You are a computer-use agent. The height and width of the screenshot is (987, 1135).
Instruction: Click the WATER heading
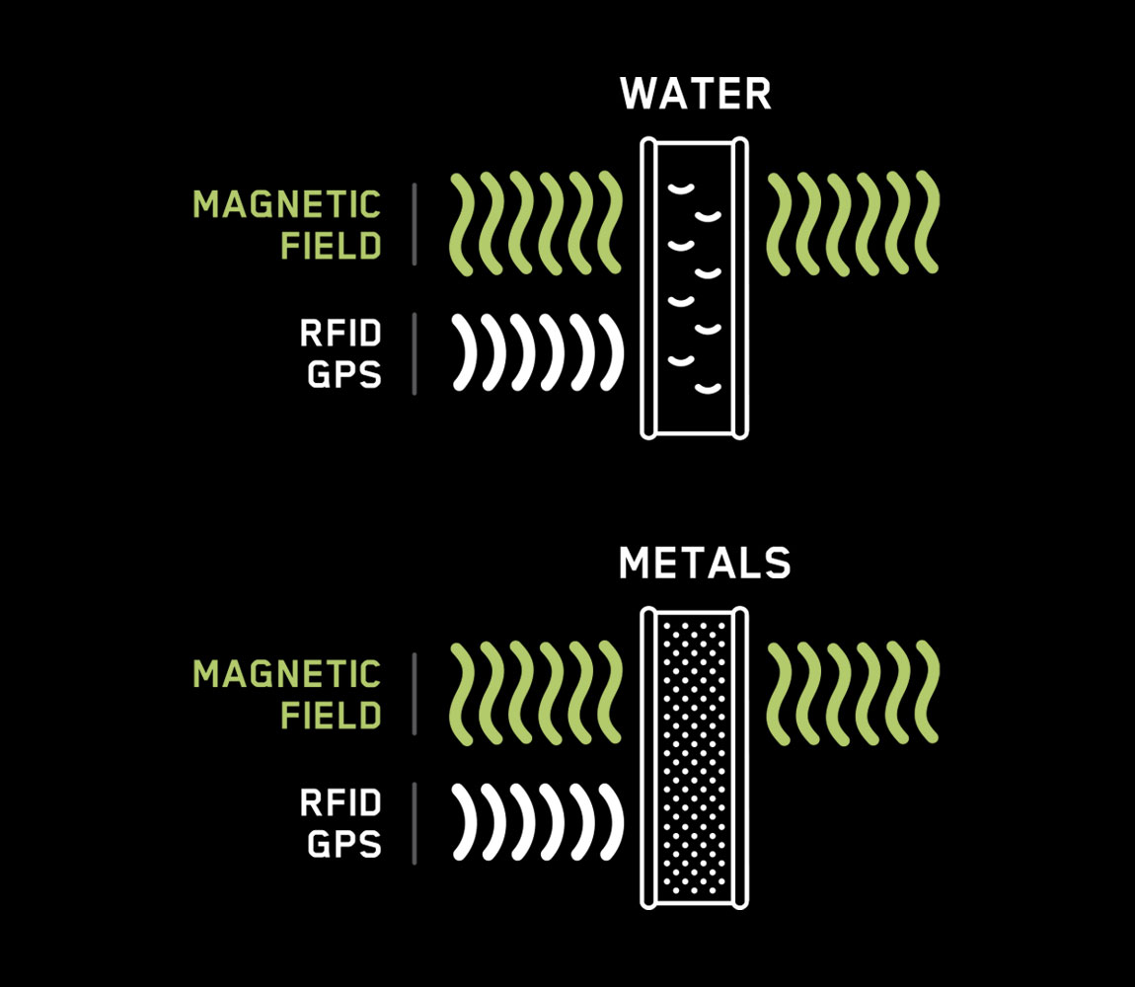coord(695,95)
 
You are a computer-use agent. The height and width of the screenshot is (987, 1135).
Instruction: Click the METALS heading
coord(704,564)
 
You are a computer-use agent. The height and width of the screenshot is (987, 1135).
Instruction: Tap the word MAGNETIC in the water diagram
coord(286,205)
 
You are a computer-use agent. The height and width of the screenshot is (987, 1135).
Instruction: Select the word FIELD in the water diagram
coord(331,245)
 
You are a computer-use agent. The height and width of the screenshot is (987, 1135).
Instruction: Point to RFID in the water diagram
coord(340,334)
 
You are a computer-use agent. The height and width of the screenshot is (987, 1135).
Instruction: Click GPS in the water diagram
coord(343,375)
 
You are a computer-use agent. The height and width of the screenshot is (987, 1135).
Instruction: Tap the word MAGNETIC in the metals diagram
coord(286,675)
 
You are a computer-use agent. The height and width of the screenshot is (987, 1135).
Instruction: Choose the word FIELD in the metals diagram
coord(331,715)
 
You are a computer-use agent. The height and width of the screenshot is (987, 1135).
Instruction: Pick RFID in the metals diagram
coord(340,803)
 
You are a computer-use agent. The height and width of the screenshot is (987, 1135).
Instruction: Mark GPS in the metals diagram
coord(343,845)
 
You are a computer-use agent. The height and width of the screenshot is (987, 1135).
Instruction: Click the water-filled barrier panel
coord(695,287)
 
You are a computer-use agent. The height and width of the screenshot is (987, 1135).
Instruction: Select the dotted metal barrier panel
coord(695,757)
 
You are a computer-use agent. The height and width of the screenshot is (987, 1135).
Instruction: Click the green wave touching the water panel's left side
coord(609,222)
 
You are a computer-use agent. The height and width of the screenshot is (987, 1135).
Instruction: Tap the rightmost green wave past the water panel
coord(927,222)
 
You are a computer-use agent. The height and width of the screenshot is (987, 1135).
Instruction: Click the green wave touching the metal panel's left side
coord(609,692)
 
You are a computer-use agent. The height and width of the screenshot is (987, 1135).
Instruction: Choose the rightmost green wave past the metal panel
coord(927,692)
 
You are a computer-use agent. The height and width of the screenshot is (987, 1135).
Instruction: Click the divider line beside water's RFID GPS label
coord(414,353)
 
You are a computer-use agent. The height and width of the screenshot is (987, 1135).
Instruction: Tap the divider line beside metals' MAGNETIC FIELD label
coord(414,694)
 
